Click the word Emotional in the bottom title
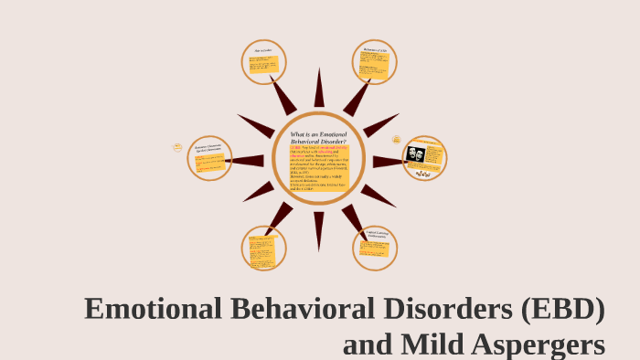point(151,310)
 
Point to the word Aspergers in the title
point(541,345)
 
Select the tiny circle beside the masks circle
point(397,139)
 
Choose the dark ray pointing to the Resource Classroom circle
point(247,161)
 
